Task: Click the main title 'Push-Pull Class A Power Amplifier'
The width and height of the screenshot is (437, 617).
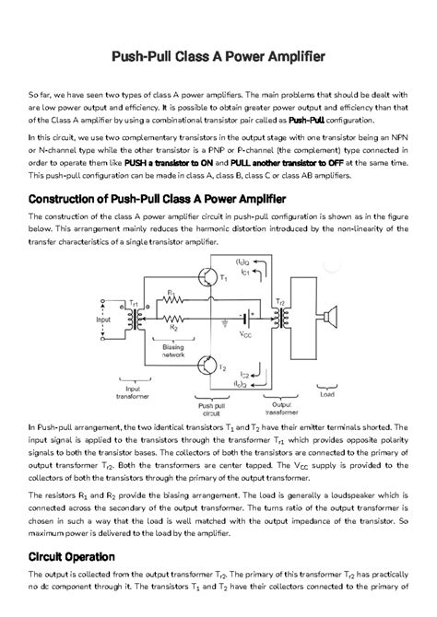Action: click(218, 56)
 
